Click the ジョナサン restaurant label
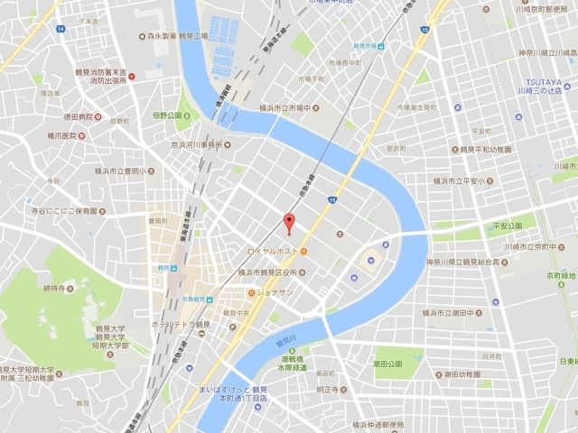click(278, 292)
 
